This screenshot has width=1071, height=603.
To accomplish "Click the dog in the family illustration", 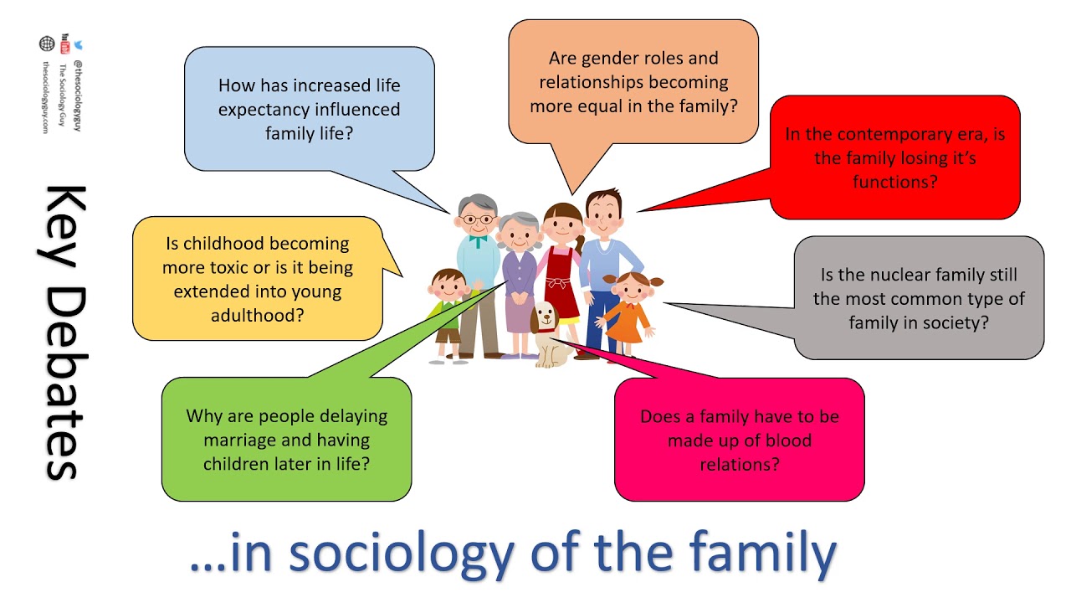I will [549, 335].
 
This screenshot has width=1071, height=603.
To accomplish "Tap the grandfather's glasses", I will [478, 219].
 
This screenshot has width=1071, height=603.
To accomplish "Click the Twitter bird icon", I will [78, 44].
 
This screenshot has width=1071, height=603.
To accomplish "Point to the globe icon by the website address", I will [46, 44].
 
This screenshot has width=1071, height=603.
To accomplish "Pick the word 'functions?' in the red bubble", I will [894, 181].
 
